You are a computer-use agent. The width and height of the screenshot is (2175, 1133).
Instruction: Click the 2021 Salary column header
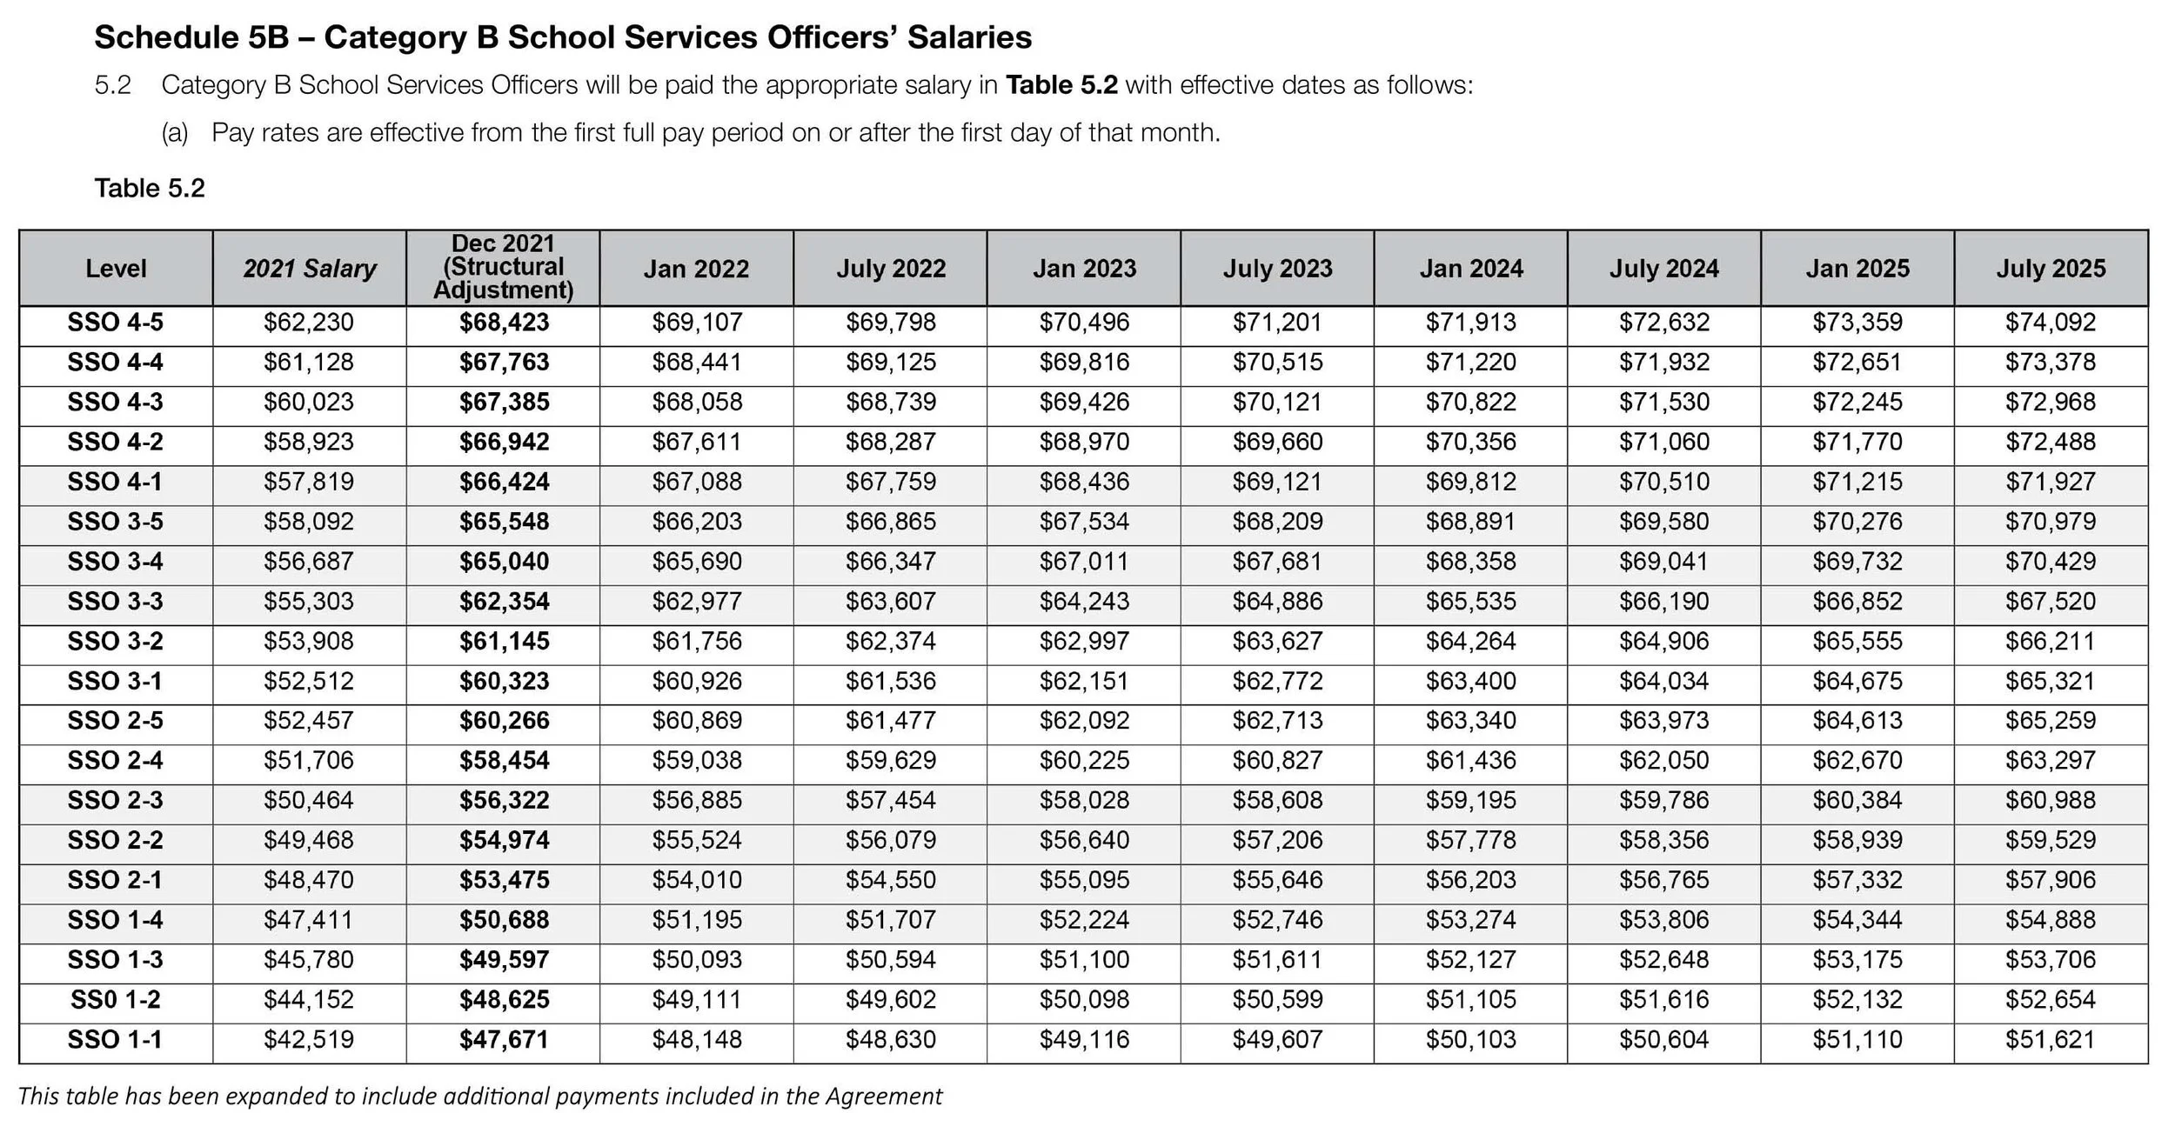[x=309, y=269]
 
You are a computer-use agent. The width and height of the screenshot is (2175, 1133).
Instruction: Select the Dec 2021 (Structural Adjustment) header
[x=503, y=267]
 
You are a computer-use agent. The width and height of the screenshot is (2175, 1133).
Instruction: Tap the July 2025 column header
[x=2050, y=269]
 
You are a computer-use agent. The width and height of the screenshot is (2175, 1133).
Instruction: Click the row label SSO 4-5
[x=116, y=323]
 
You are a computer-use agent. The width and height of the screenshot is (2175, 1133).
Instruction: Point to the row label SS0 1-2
[x=116, y=1000]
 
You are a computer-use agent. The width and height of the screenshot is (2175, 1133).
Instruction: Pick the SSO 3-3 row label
[x=116, y=602]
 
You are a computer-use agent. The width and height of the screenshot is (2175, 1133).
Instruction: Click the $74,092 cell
[x=2050, y=323]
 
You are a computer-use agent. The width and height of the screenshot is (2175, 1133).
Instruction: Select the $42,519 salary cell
[x=309, y=1040]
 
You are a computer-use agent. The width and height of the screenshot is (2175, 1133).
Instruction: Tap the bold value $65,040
[x=505, y=562]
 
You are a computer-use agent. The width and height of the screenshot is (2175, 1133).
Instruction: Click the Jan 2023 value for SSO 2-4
[x=1084, y=761]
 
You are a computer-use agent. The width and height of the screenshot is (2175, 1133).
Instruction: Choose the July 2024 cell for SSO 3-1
[x=1663, y=681]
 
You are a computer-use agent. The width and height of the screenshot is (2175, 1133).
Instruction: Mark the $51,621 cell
[x=2050, y=1040]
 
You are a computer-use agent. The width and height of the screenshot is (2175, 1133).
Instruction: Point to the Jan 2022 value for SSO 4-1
[x=697, y=482]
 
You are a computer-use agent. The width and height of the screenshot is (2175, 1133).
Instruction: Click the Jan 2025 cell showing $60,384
[x=1857, y=801]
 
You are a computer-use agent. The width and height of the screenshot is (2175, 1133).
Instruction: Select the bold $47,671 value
[x=505, y=1040]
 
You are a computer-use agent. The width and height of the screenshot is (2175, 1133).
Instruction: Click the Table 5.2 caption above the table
[x=150, y=189]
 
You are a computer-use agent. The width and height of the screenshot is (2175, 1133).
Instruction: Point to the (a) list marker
[x=175, y=133]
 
